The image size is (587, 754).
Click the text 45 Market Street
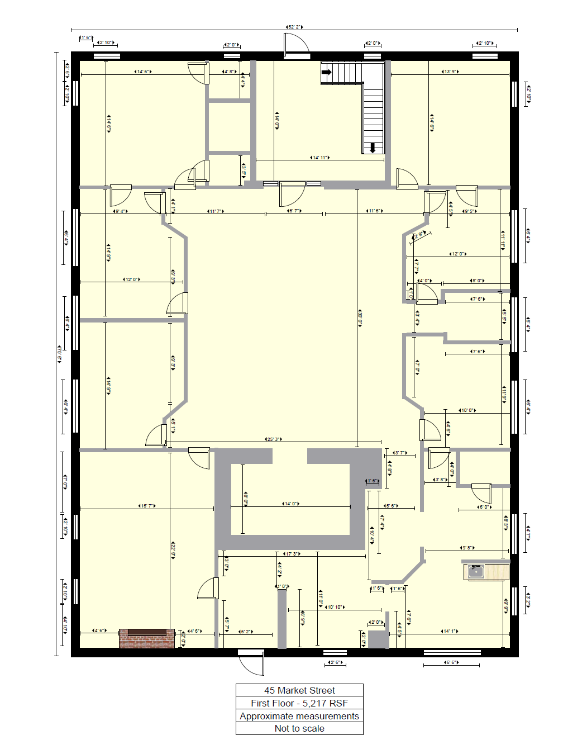299,690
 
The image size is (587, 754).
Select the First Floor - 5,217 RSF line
299,703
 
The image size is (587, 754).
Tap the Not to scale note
299,728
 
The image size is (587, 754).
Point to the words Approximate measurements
299,716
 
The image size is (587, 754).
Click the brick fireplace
147,638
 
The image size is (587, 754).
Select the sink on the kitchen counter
476,571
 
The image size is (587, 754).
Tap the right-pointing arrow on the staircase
327,72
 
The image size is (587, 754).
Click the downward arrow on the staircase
373,148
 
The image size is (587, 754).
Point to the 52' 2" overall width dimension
294,27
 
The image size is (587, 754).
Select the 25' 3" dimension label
273,439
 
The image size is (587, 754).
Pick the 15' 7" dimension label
147,506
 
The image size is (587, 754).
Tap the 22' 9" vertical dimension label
173,549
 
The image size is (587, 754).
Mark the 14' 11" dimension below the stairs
320,158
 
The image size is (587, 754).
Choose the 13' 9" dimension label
450,72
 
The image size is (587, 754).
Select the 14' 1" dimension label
450,631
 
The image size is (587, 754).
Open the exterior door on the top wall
296,46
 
